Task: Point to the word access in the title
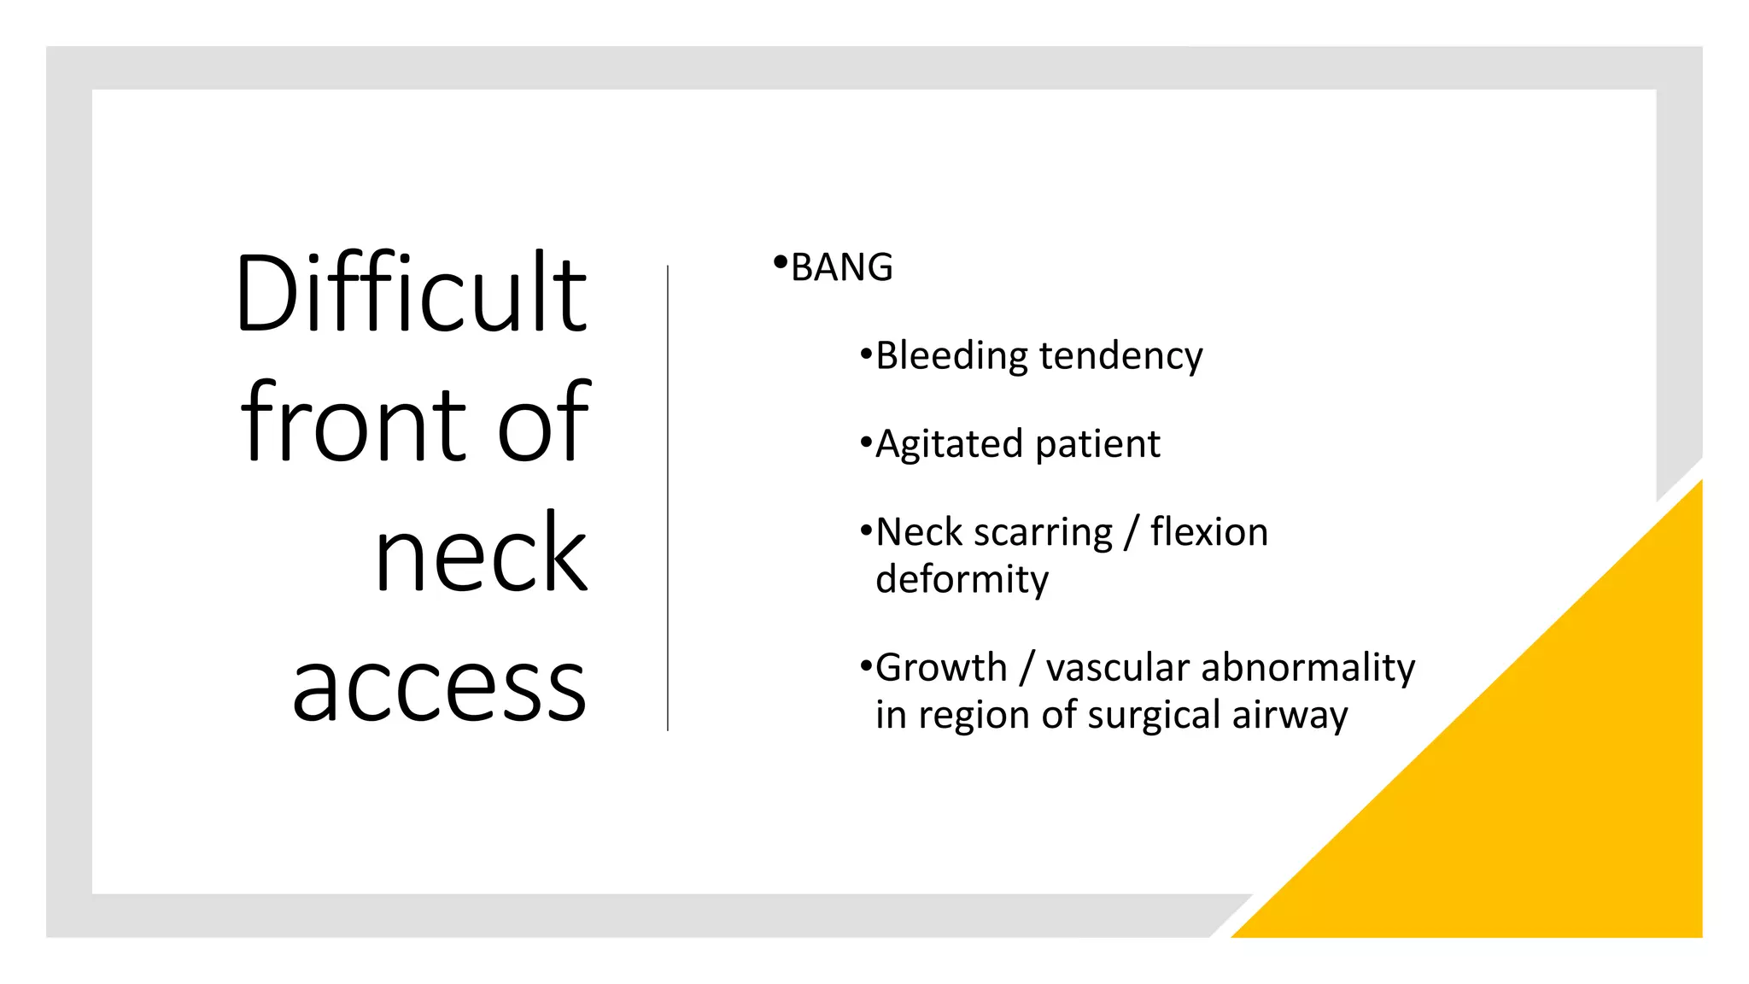pos(439,687)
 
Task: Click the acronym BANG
pos(842,268)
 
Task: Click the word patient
pos(1097,444)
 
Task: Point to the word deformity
pos(962,580)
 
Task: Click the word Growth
pos(941,667)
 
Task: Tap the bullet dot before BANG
pos(780,262)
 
